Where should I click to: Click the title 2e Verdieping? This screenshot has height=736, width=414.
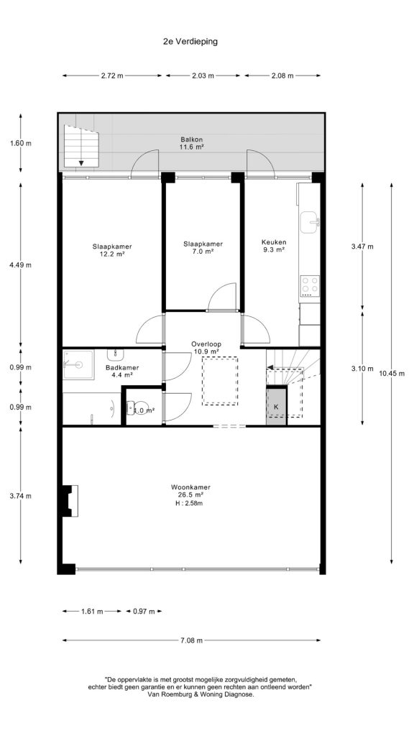[x=190, y=41]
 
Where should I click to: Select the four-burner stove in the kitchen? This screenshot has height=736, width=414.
[x=310, y=285]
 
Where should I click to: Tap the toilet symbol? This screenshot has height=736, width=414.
[x=137, y=408]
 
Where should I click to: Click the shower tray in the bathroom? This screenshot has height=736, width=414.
[x=78, y=364]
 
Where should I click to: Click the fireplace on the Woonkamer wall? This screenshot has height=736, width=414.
[x=70, y=500]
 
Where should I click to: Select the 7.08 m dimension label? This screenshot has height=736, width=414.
[x=191, y=640]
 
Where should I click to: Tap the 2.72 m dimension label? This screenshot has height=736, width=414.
[x=112, y=75]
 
